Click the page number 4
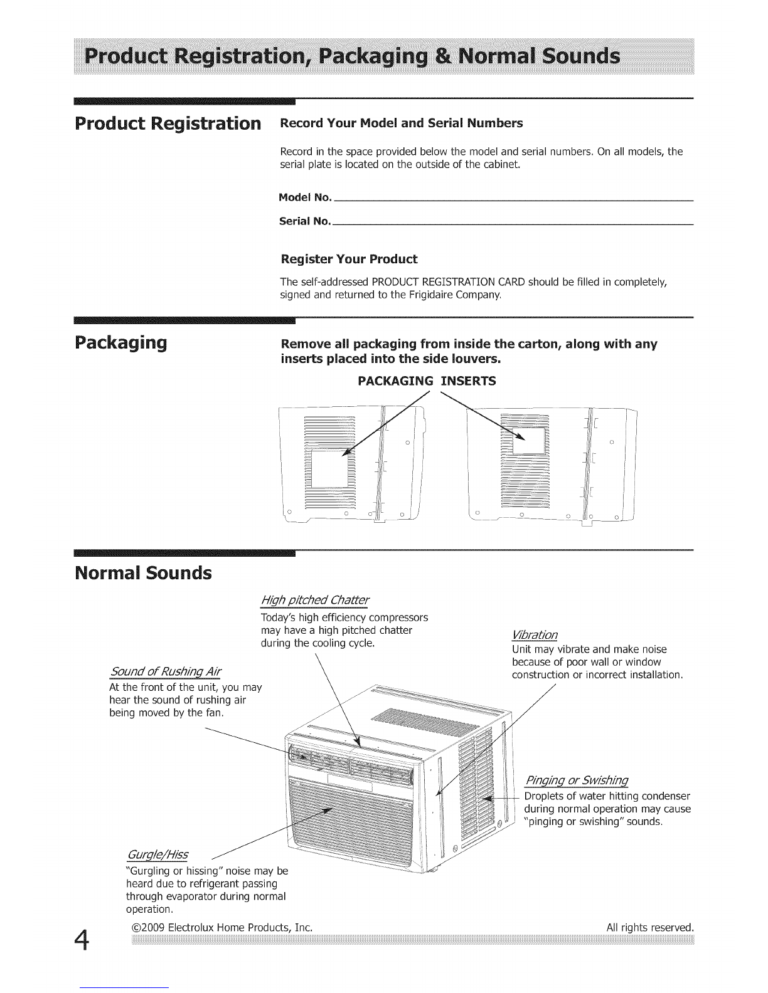click(82, 941)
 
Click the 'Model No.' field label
click(305, 197)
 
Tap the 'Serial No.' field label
click(305, 221)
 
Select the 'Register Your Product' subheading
click(349, 260)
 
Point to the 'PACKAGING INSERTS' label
click(427, 381)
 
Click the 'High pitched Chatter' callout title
click(315, 600)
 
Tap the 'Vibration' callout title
click(535, 635)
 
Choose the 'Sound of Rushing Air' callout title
click(166, 672)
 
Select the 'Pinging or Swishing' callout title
click(577, 780)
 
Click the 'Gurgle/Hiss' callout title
click(157, 854)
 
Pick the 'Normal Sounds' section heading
click(143, 573)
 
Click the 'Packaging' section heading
click(120, 343)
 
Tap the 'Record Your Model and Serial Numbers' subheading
click(402, 123)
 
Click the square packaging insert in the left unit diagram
click(330, 470)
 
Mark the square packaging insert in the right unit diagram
click(529, 441)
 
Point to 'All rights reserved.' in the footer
click(650, 928)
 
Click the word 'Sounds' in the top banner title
click(581, 56)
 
